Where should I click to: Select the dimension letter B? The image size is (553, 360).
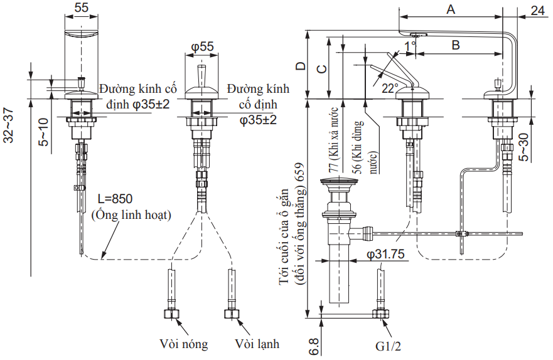tap(456, 45)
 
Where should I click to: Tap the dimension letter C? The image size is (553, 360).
tap(320, 69)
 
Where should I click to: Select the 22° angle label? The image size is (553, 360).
tap(390, 88)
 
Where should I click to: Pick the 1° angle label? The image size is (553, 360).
tap(411, 46)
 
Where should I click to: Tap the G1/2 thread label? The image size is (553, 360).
tap(387, 346)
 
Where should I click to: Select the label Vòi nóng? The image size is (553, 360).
tap(183, 344)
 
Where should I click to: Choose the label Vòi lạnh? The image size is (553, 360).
tap(257, 344)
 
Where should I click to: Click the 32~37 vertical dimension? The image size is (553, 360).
tap(9, 125)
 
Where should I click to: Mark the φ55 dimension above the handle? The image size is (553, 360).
tap(202, 46)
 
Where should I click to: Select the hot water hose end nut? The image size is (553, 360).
tap(171, 314)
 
